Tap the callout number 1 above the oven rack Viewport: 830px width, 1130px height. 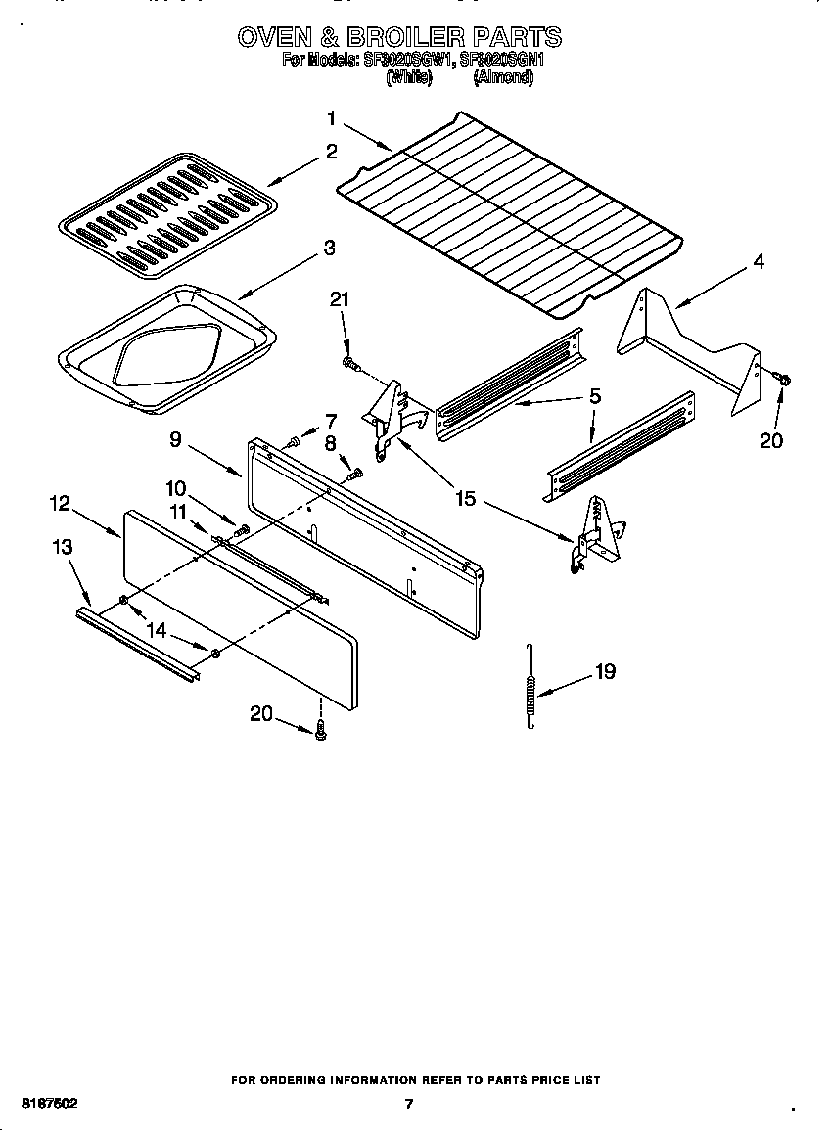(331, 118)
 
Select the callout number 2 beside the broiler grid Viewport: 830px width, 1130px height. (332, 152)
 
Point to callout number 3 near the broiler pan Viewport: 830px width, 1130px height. (330, 249)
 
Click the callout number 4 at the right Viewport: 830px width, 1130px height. (758, 262)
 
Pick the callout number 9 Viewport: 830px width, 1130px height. (175, 440)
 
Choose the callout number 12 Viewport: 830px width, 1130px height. (60, 503)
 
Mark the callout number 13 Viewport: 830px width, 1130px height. (63, 547)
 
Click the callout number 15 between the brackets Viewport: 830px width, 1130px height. (465, 499)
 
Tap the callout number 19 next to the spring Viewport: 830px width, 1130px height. (605, 672)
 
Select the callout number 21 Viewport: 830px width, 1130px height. (339, 299)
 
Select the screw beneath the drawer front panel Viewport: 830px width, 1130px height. (320, 728)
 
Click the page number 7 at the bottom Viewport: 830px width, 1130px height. (409, 1105)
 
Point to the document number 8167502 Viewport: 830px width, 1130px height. (49, 1104)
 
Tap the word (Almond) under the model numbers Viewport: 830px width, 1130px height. (503, 78)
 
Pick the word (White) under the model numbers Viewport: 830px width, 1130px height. (409, 78)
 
